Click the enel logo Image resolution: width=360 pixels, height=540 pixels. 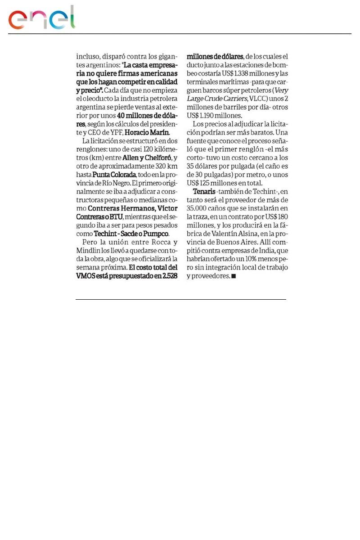tap(42, 18)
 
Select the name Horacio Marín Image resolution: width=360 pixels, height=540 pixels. tap(147, 132)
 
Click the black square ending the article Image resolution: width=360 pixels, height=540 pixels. tap(234, 276)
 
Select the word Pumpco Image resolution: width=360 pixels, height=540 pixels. tap(157, 234)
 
